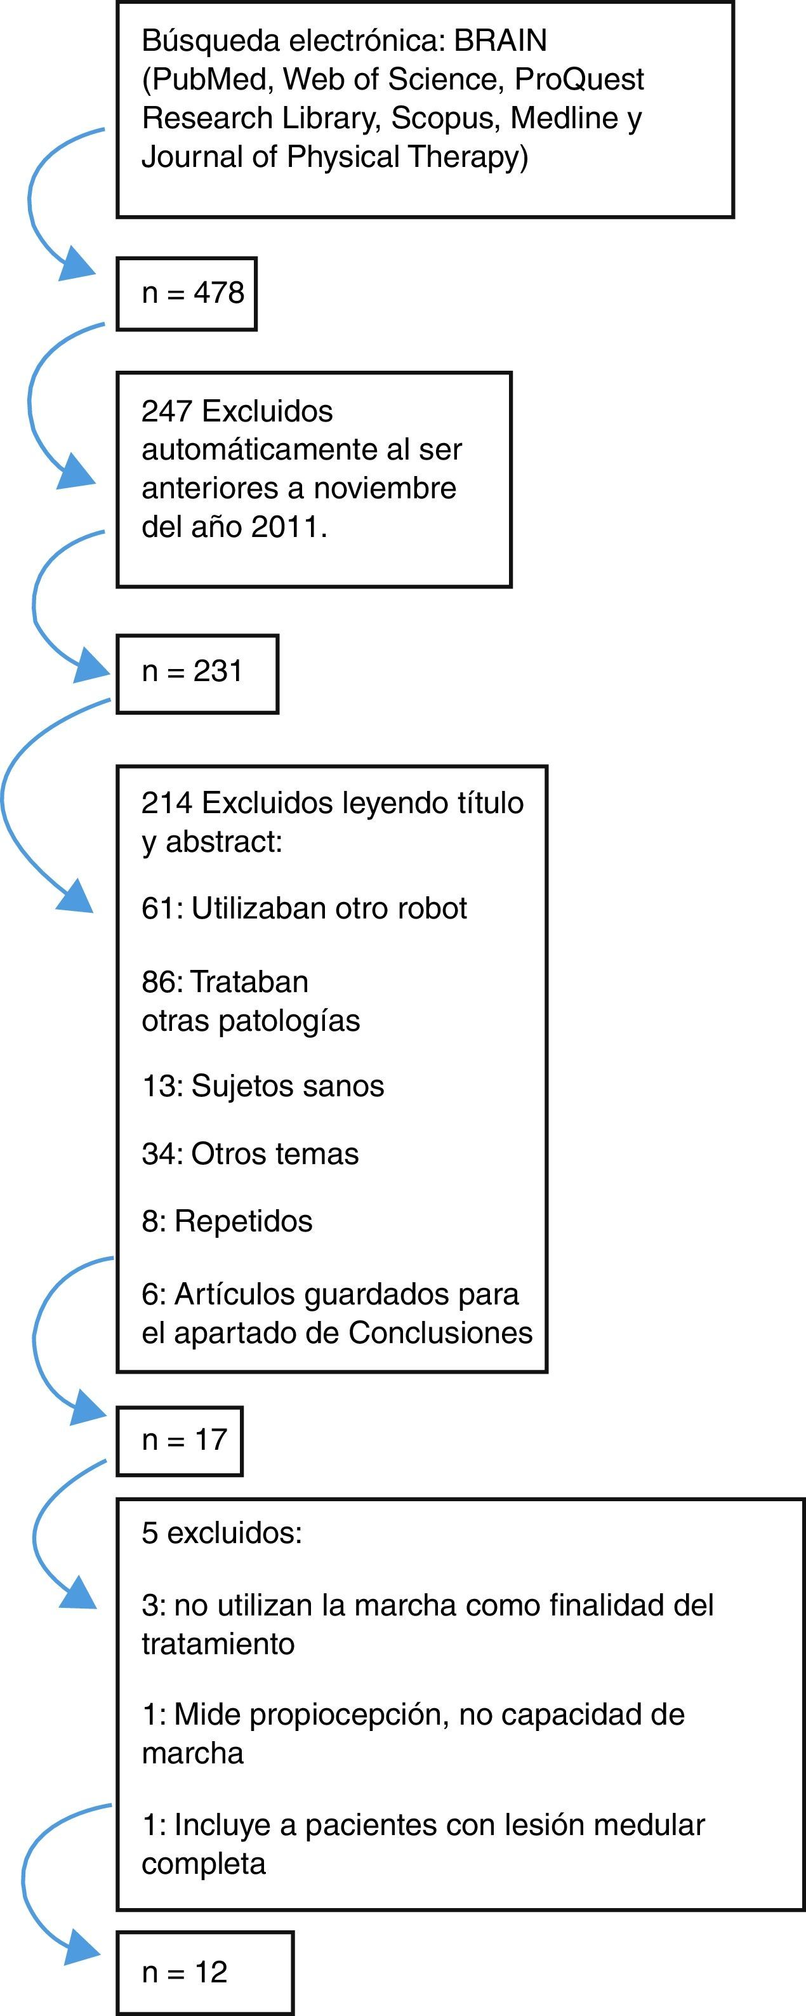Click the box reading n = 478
[x=187, y=293]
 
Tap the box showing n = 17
[x=180, y=1441]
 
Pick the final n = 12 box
[x=205, y=1972]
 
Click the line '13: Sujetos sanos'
[x=263, y=1086]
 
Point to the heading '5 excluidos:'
[x=221, y=1532]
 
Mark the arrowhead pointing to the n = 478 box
[x=77, y=263]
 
